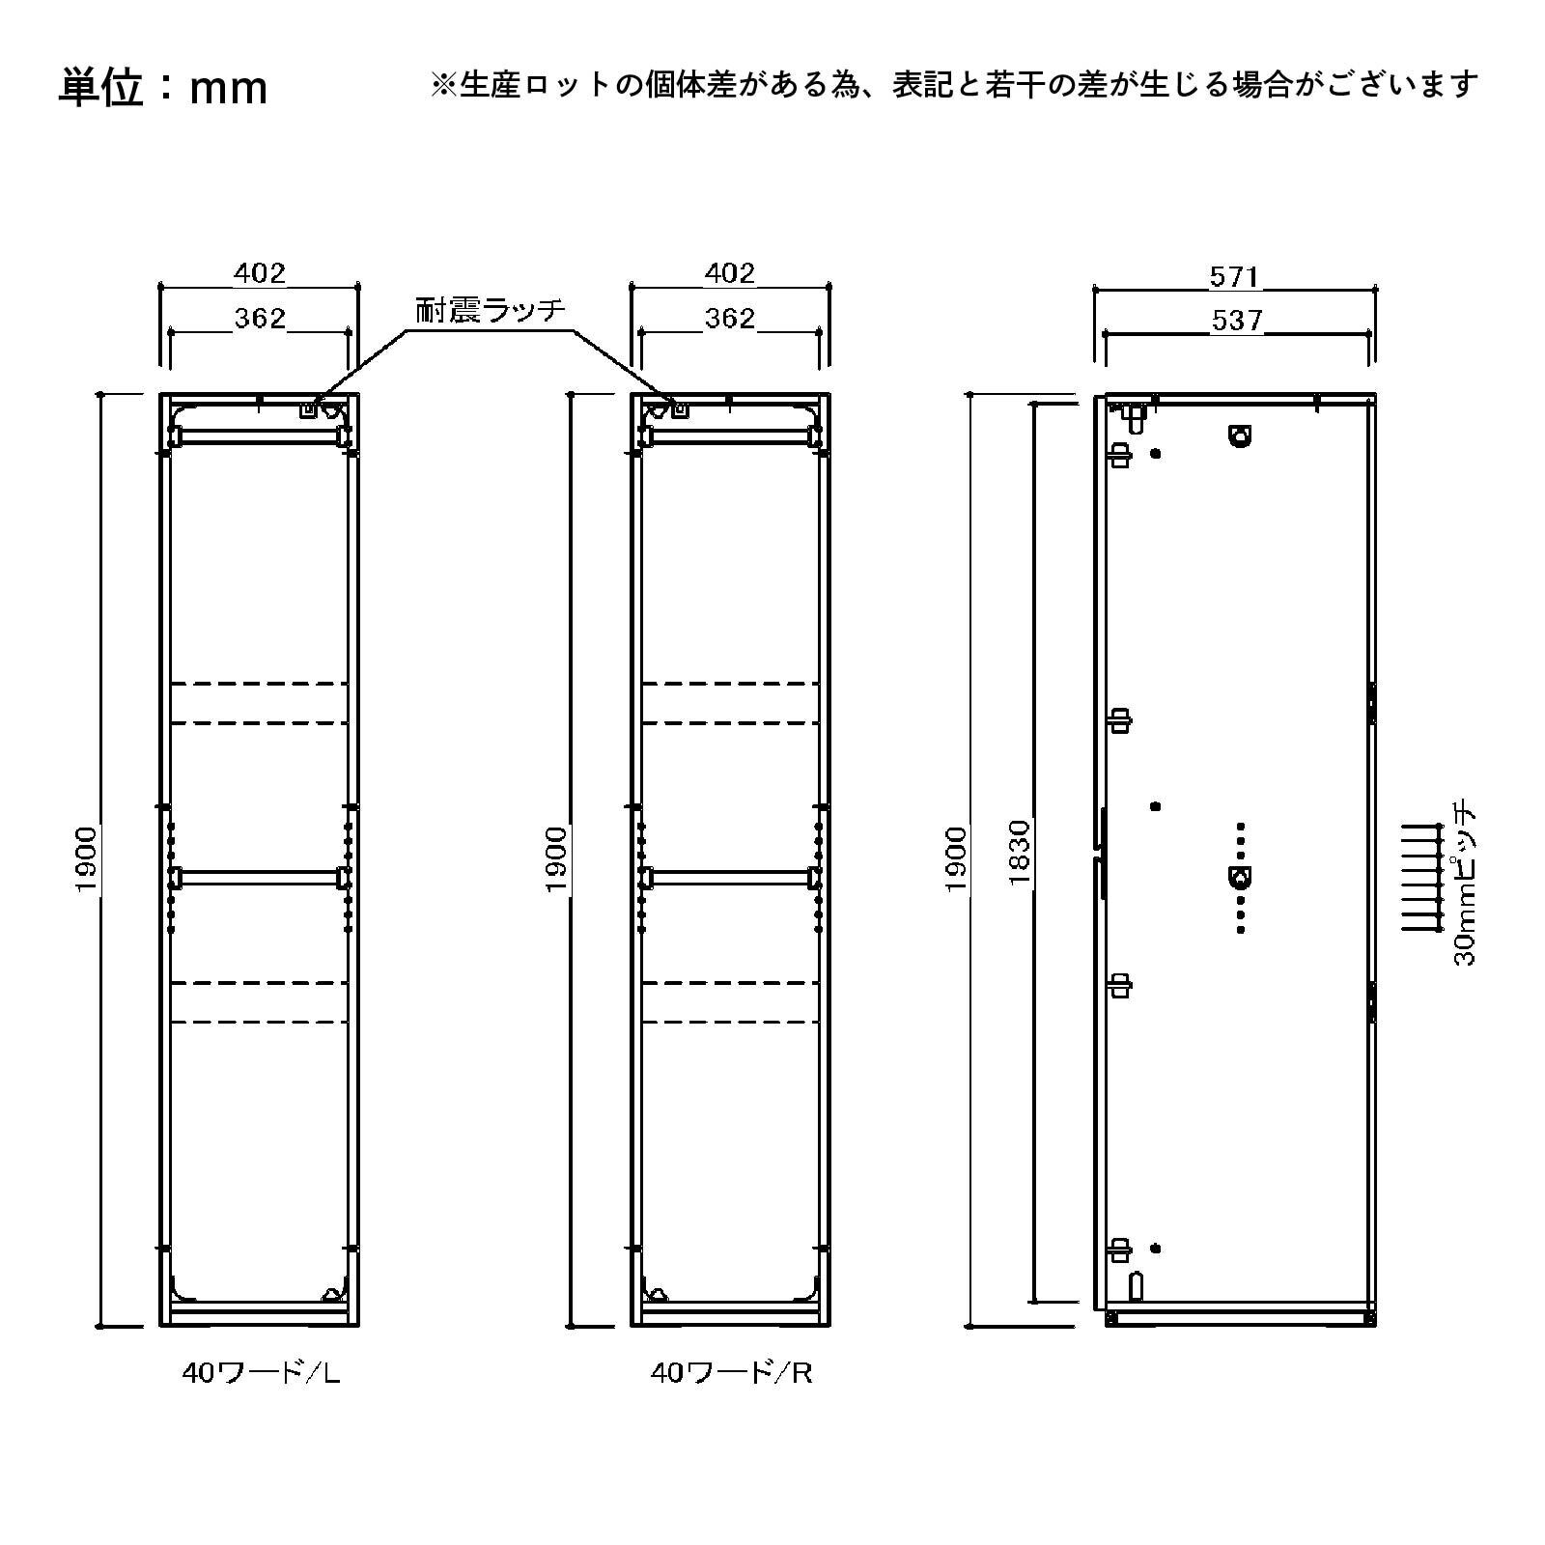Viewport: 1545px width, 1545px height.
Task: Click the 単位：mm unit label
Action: (x=162, y=88)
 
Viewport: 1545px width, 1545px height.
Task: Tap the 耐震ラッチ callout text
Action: (x=490, y=310)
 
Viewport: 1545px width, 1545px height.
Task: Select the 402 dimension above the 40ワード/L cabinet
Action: (x=260, y=273)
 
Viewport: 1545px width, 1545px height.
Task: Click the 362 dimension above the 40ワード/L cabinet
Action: (x=260, y=318)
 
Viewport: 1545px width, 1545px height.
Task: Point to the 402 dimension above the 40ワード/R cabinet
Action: (x=729, y=273)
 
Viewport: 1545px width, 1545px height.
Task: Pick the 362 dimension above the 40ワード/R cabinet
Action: (x=729, y=318)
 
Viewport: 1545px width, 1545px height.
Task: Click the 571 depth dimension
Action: (x=1234, y=277)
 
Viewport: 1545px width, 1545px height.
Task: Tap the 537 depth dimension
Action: (x=1236, y=320)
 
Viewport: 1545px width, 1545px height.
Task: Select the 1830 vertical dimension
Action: (x=1021, y=853)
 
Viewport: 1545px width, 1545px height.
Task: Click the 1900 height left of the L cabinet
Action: (x=87, y=859)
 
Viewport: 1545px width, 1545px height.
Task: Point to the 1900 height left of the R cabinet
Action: (x=556, y=859)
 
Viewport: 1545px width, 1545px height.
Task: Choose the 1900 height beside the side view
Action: (x=956, y=859)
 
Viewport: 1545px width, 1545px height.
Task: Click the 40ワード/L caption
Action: (x=262, y=1372)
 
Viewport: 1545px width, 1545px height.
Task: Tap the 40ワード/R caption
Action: (x=731, y=1372)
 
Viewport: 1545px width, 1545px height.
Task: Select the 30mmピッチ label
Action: (x=1464, y=882)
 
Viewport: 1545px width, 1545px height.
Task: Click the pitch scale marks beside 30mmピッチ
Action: (x=1421, y=876)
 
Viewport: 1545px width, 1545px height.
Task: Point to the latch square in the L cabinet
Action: (x=308, y=409)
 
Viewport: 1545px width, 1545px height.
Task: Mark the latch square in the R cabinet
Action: (x=680, y=409)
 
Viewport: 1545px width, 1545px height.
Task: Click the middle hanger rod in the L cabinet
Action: (x=260, y=877)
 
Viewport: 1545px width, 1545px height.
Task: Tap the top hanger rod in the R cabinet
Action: (x=729, y=436)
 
